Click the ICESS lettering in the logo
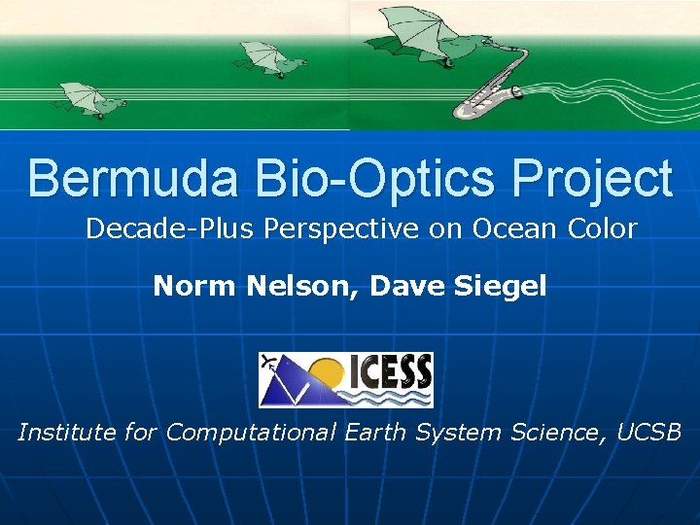(391, 369)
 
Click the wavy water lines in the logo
(393, 397)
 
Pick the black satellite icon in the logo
(269, 363)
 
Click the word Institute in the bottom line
(66, 432)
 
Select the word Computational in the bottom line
(250, 432)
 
